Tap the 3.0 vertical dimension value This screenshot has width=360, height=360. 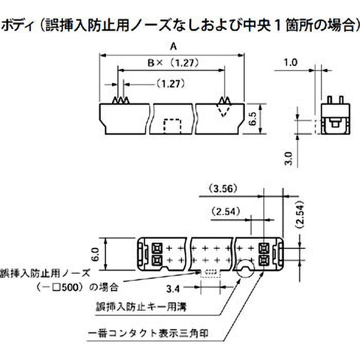[289, 159]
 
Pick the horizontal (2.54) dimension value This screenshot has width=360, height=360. [225, 211]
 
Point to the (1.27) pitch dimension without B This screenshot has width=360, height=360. [171, 83]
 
